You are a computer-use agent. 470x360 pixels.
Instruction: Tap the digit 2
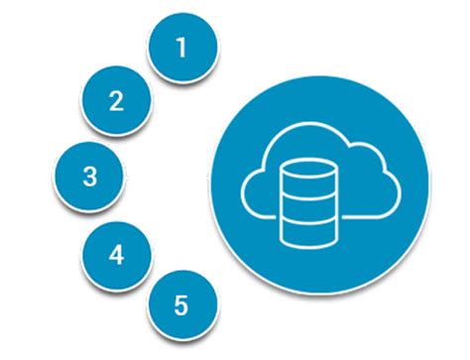[x=116, y=100]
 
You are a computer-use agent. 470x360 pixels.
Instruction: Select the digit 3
[x=89, y=177]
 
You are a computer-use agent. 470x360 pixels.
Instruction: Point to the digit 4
[x=117, y=255]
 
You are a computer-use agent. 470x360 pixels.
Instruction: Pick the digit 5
[x=179, y=304]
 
